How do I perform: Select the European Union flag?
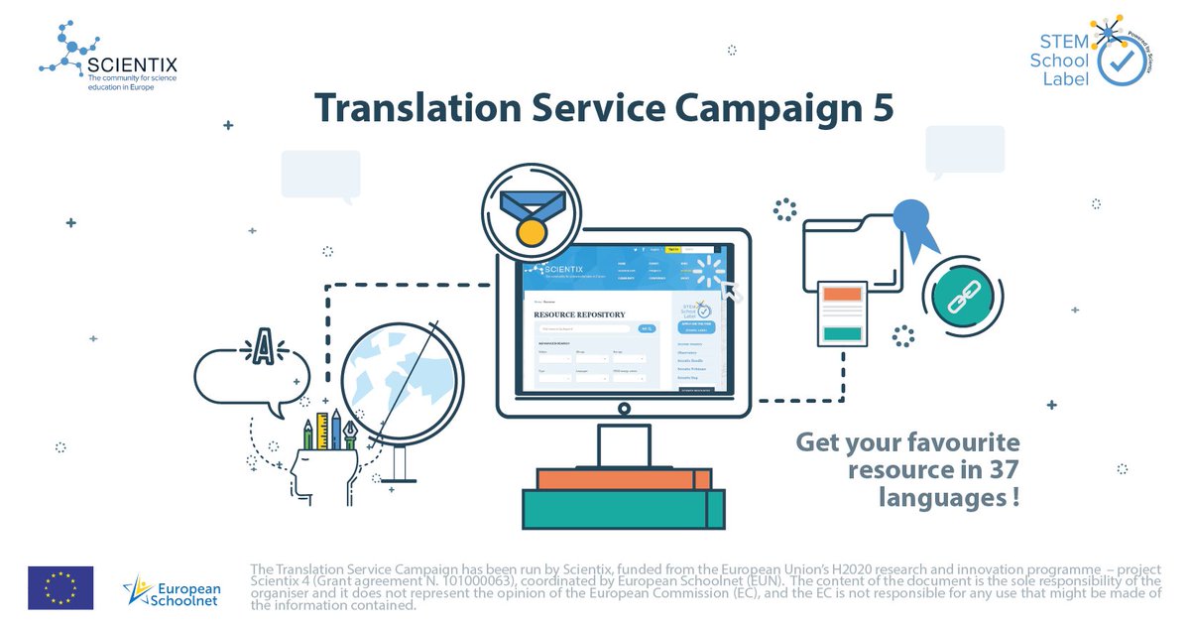pos(60,587)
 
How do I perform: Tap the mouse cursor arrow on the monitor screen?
pos(731,289)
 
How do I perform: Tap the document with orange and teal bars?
pos(844,312)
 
